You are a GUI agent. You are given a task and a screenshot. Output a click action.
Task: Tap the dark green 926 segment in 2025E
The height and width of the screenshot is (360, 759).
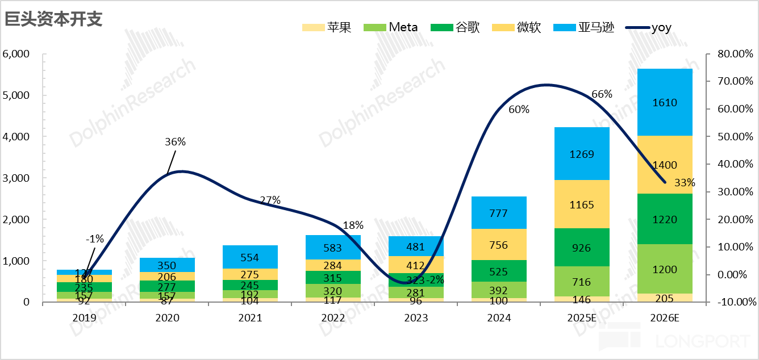(582, 248)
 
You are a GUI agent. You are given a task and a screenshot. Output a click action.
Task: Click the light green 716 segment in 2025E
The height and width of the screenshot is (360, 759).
(582, 282)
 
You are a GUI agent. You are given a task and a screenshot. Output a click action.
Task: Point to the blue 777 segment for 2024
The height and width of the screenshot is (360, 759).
(499, 213)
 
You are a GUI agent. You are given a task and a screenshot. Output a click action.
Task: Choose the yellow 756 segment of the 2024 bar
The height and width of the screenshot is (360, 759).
(499, 245)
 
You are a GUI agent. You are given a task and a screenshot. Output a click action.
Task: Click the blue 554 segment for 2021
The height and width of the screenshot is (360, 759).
(249, 257)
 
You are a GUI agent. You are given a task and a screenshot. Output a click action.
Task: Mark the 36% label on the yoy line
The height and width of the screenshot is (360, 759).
(176, 142)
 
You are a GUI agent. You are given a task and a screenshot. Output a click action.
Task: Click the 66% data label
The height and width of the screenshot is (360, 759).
(602, 94)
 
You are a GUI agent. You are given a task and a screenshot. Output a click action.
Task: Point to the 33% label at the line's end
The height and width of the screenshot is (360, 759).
(685, 183)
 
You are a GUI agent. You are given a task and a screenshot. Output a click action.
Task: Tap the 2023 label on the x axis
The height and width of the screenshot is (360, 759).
(416, 317)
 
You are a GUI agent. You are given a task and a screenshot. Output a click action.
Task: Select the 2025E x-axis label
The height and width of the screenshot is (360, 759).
(582, 317)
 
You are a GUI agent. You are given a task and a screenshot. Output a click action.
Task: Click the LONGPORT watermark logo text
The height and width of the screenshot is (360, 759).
(703, 341)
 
